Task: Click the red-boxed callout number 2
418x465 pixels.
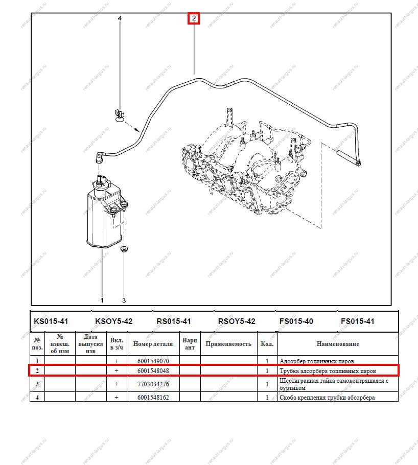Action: click(x=194, y=19)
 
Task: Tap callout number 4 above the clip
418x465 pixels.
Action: click(x=120, y=18)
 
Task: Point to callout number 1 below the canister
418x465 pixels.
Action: click(x=102, y=300)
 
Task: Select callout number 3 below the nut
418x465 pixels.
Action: click(x=124, y=300)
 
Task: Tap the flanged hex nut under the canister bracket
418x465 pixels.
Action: click(x=124, y=250)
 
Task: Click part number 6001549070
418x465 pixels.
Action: click(x=153, y=361)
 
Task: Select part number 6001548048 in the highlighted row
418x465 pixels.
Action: click(x=153, y=370)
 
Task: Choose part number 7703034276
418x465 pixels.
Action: click(x=153, y=384)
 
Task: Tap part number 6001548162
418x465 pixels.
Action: click(x=153, y=398)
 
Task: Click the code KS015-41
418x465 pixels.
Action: click(x=51, y=321)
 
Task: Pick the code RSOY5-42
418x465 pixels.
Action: click(x=237, y=321)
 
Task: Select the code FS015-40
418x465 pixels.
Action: click(x=296, y=321)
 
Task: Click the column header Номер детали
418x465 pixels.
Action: click(x=153, y=344)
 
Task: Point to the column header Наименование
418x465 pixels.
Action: click(x=338, y=344)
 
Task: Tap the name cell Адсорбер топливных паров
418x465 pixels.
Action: click(x=317, y=361)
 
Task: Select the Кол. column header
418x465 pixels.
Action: click(x=267, y=344)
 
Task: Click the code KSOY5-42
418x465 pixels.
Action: click(x=113, y=321)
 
